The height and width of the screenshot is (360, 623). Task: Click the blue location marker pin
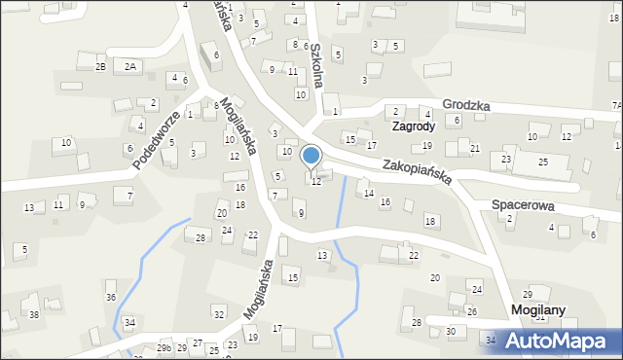point(311,156)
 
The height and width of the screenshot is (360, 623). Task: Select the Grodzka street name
point(465,104)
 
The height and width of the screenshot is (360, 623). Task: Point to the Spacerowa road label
point(523,205)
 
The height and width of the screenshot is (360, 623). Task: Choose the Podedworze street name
point(157,140)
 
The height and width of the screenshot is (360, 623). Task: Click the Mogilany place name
point(538,309)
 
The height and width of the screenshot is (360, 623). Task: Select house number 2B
point(100,66)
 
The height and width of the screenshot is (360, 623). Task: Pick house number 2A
point(130,66)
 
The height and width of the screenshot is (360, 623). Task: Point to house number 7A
point(615,105)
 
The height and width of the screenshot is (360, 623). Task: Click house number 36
point(111,297)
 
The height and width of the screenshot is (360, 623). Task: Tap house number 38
point(34,314)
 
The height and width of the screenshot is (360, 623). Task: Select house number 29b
point(165,347)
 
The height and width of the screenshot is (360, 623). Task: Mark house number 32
point(218,313)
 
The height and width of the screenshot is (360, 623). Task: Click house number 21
point(475,148)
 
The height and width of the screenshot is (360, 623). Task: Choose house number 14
point(369,194)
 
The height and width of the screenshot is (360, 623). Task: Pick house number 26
point(471,311)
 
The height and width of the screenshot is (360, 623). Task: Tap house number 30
point(451,331)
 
